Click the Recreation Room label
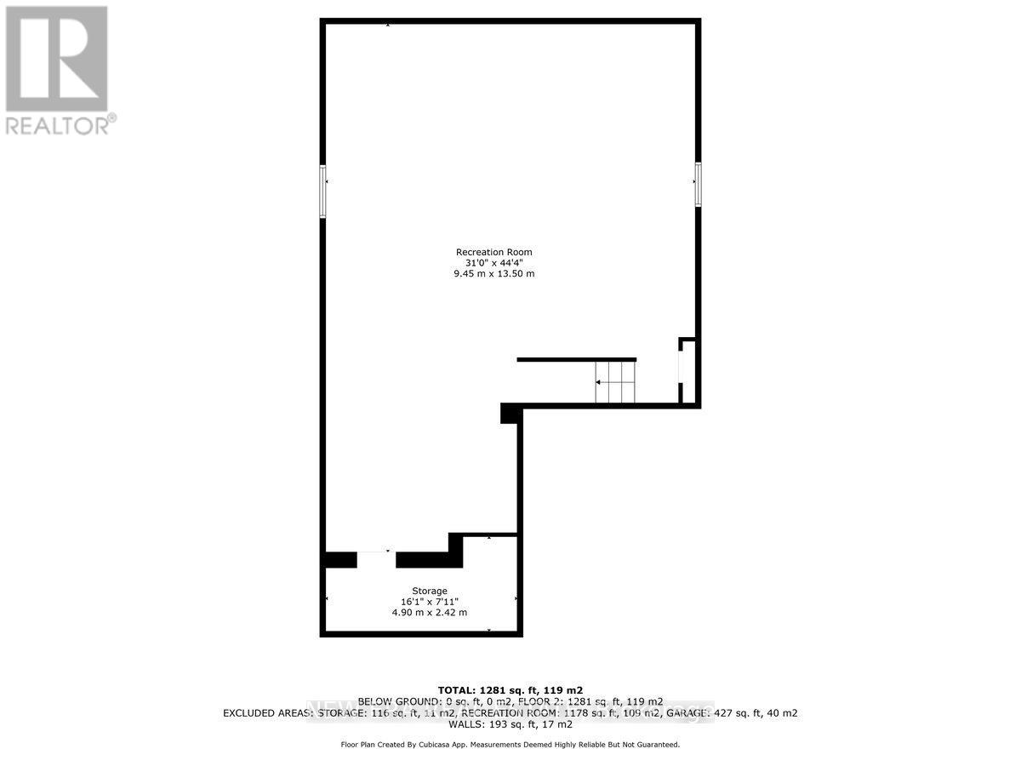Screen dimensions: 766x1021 click(x=494, y=252)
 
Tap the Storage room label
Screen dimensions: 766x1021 click(x=430, y=591)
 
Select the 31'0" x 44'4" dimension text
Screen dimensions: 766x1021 click(x=494, y=263)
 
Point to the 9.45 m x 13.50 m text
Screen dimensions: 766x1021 click(x=494, y=274)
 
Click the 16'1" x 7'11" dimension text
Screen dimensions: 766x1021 click(x=430, y=602)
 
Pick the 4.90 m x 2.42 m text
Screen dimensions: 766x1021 click(x=430, y=613)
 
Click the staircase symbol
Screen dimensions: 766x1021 click(x=615, y=382)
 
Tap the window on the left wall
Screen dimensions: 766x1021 click(x=323, y=191)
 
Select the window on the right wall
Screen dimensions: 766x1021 click(x=698, y=184)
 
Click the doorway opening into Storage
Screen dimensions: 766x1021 click(x=376, y=559)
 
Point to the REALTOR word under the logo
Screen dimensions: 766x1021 click(x=60, y=125)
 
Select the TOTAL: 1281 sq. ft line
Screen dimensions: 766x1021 click(x=510, y=690)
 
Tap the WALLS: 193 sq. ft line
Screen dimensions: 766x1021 click(x=510, y=724)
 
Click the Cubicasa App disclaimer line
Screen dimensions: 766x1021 click(x=510, y=745)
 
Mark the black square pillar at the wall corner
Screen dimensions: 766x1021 click(x=510, y=414)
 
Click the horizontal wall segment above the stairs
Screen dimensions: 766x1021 click(x=576, y=360)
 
